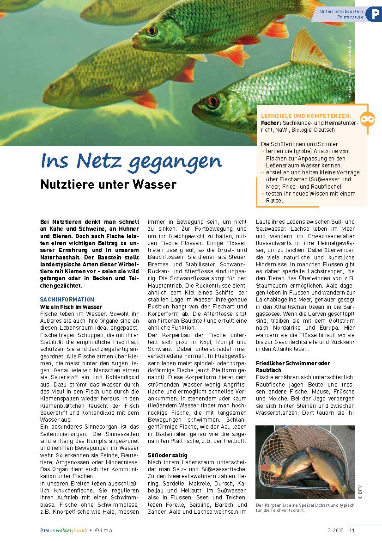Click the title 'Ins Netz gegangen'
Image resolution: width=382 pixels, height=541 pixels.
click(131, 161)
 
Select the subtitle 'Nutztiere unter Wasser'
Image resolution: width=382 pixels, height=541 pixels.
click(109, 184)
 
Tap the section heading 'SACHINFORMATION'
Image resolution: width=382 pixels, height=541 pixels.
click(67, 300)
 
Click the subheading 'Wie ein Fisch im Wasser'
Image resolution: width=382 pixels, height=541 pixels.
click(71, 307)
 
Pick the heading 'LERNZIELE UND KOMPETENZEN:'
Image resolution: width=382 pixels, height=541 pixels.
click(306, 116)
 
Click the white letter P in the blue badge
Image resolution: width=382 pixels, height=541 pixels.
click(373, 14)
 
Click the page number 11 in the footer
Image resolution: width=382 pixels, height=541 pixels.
click(352, 530)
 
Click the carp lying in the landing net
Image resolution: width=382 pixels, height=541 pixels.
click(309, 469)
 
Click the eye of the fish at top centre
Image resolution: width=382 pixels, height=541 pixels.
click(152, 31)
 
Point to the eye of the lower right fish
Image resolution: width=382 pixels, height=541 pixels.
click(213, 101)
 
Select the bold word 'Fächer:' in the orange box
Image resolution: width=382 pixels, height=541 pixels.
click(271, 123)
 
